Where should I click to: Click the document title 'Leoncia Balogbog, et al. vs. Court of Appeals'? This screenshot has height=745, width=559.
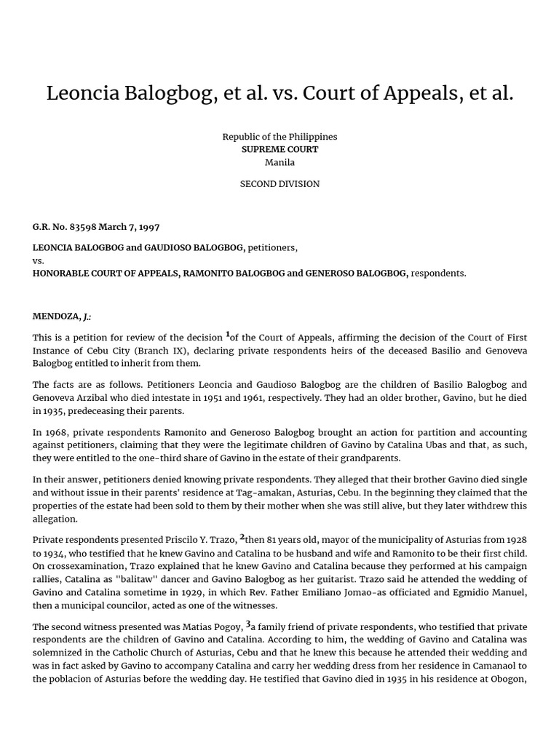(x=279, y=93)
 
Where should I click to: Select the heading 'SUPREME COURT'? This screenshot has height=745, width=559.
(x=279, y=149)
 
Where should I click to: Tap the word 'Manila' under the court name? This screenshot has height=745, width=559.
(x=279, y=162)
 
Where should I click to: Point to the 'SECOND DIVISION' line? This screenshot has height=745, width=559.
(x=279, y=184)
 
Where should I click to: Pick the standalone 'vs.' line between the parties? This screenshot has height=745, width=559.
(x=39, y=260)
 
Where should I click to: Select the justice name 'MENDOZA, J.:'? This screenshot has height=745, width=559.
(x=62, y=316)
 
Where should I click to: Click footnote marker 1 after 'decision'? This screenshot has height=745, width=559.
(x=227, y=334)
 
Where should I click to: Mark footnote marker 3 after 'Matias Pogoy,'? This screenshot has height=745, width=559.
(x=248, y=623)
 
